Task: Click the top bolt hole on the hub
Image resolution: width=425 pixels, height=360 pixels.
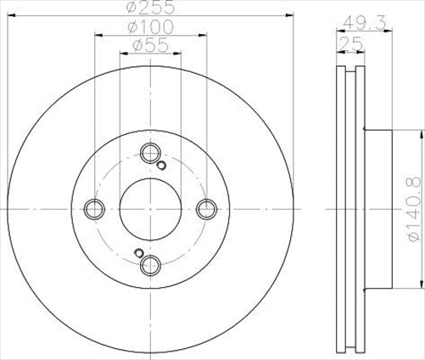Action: click(150, 153)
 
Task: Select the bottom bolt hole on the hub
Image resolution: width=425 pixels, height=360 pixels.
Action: click(150, 263)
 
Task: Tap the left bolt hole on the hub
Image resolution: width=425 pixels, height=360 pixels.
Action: click(95, 208)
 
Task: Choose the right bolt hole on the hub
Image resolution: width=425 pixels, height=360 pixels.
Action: click(205, 208)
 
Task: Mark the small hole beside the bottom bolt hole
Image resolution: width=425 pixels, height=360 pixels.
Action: click(138, 251)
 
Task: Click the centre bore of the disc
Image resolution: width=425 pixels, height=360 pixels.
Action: click(150, 208)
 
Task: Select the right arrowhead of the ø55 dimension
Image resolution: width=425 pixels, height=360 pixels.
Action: click(176, 56)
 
